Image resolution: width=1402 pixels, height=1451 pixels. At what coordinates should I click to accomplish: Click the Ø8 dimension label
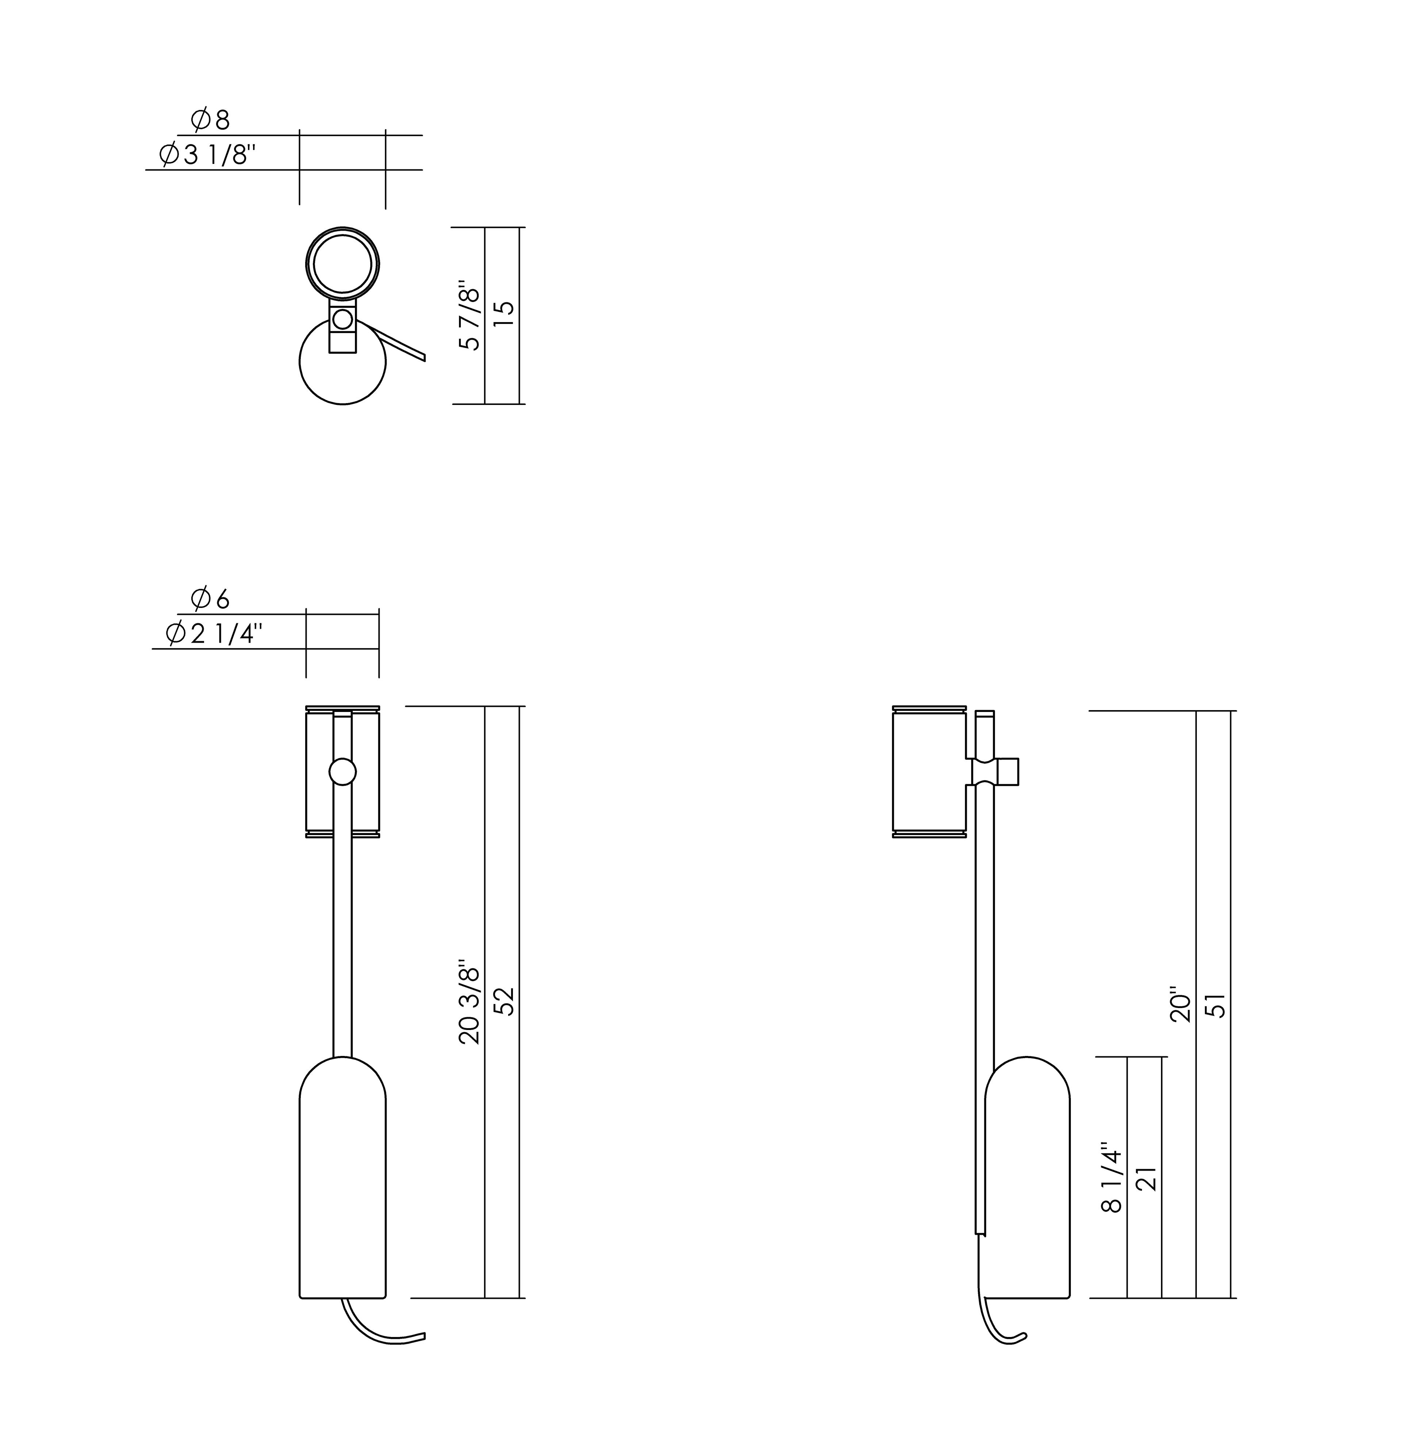(210, 120)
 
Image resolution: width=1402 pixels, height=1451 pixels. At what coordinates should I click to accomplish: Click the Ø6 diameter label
(210, 598)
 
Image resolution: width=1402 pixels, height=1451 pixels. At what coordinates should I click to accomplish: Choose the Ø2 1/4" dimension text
(214, 634)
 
